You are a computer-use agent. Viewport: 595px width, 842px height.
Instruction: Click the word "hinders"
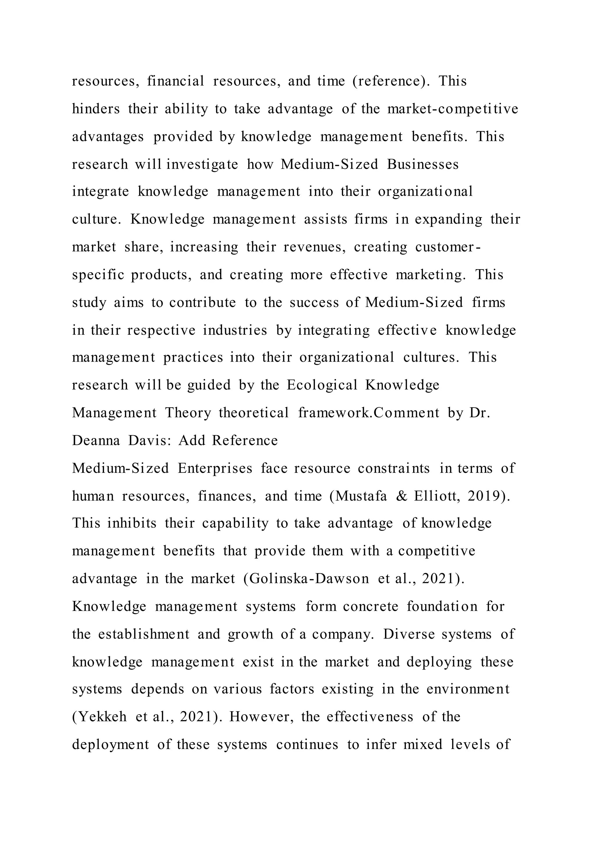96,109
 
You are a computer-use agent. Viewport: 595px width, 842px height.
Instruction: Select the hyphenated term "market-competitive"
452,109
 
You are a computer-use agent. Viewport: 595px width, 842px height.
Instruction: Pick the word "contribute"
202,303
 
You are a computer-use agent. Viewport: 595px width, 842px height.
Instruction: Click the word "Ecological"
322,385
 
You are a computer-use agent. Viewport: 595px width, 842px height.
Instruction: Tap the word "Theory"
188,413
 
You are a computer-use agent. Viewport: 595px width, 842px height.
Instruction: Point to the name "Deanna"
96,440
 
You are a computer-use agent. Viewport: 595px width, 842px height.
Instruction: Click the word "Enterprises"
215,468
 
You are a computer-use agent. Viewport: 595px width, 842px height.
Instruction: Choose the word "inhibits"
132,523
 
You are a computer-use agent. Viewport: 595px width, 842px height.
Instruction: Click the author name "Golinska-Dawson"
309,579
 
